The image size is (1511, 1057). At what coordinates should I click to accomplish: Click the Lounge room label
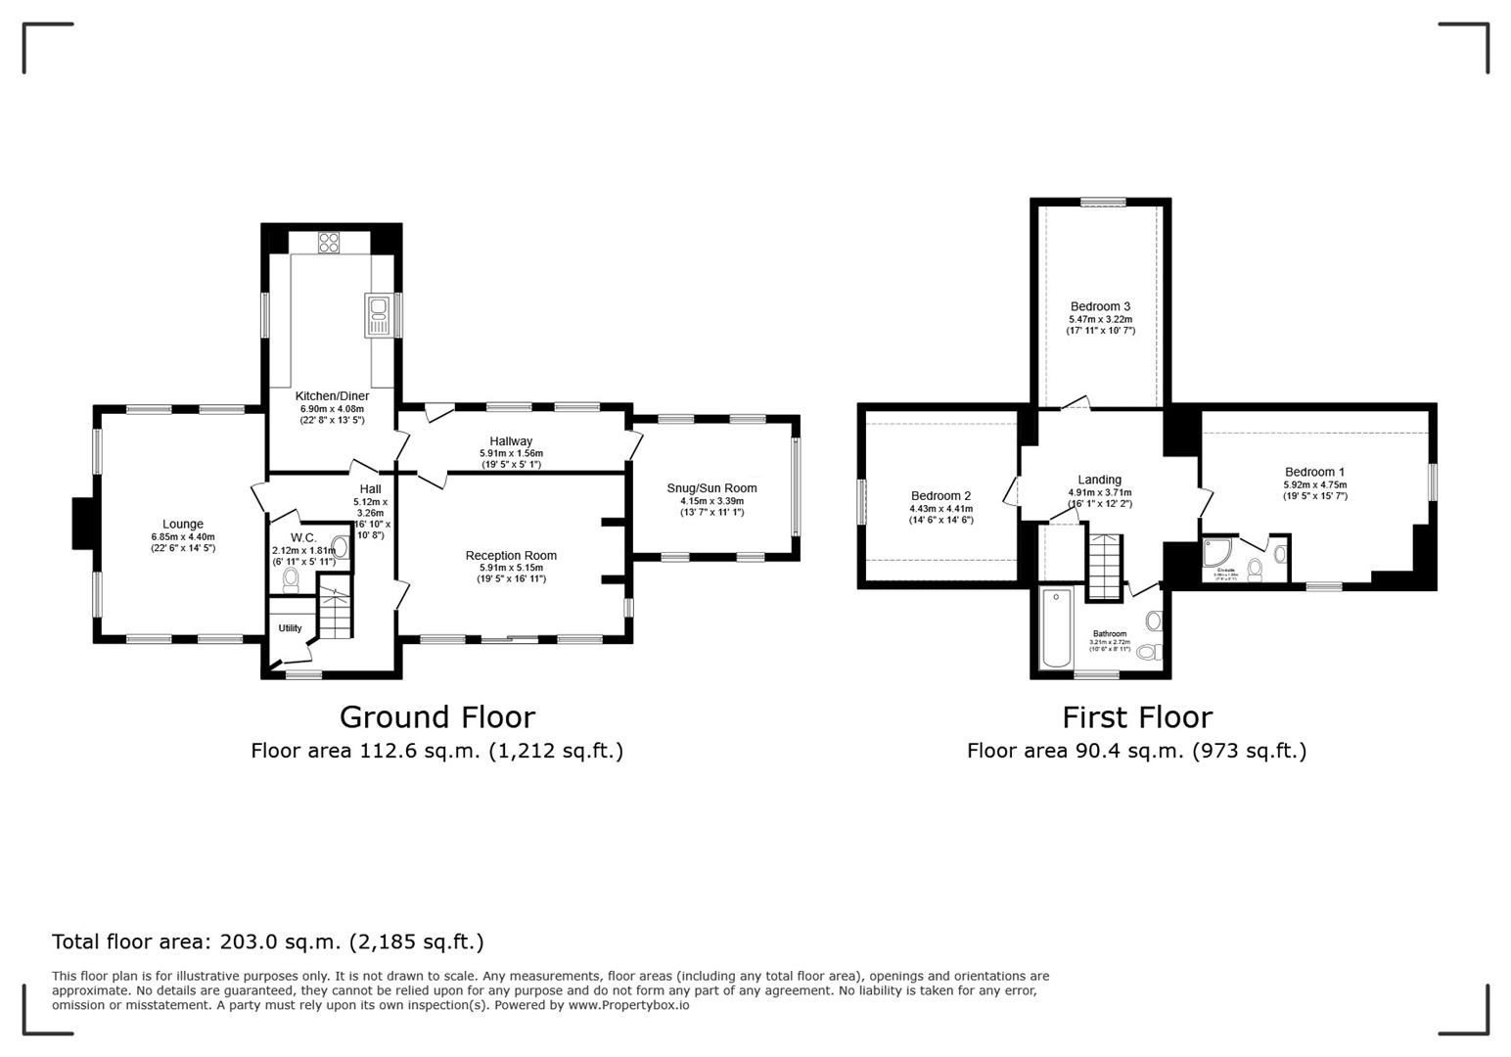(183, 524)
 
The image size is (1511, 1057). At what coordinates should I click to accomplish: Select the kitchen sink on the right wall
(379, 315)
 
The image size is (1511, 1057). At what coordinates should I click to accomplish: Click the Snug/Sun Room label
(711, 488)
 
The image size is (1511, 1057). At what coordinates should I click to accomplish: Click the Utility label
(290, 628)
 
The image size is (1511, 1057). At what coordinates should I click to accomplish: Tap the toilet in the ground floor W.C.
(290, 580)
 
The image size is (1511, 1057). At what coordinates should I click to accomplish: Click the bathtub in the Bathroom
(1056, 627)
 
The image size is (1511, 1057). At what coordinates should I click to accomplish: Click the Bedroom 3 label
(1100, 306)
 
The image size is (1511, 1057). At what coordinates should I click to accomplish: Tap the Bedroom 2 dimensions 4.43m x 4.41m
(940, 508)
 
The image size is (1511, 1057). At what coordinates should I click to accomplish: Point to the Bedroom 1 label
(1314, 472)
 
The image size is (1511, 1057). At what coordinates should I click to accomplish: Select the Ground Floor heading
(436, 717)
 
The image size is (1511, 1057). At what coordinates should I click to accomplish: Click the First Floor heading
(1137, 717)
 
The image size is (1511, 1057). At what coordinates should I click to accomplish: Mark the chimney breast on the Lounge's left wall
(82, 524)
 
